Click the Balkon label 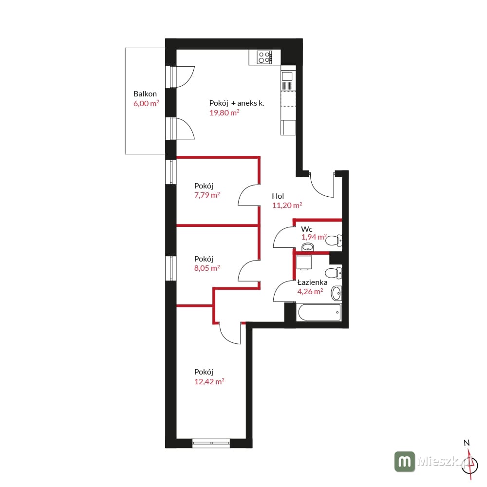[145, 94]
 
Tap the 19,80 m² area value [224, 112]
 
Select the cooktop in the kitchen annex [264, 57]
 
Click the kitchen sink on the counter [287, 80]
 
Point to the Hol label [278, 196]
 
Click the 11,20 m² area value [287, 206]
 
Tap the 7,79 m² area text [207, 195]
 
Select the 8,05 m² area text [207, 268]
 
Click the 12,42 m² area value [209, 381]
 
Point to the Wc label [306, 229]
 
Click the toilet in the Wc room [334, 241]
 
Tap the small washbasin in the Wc [308, 247]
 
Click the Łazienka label [313, 282]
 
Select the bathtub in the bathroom [319, 313]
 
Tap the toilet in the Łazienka [334, 273]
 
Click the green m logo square [405, 462]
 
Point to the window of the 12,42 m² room [211, 443]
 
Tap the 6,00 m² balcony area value [146, 103]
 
